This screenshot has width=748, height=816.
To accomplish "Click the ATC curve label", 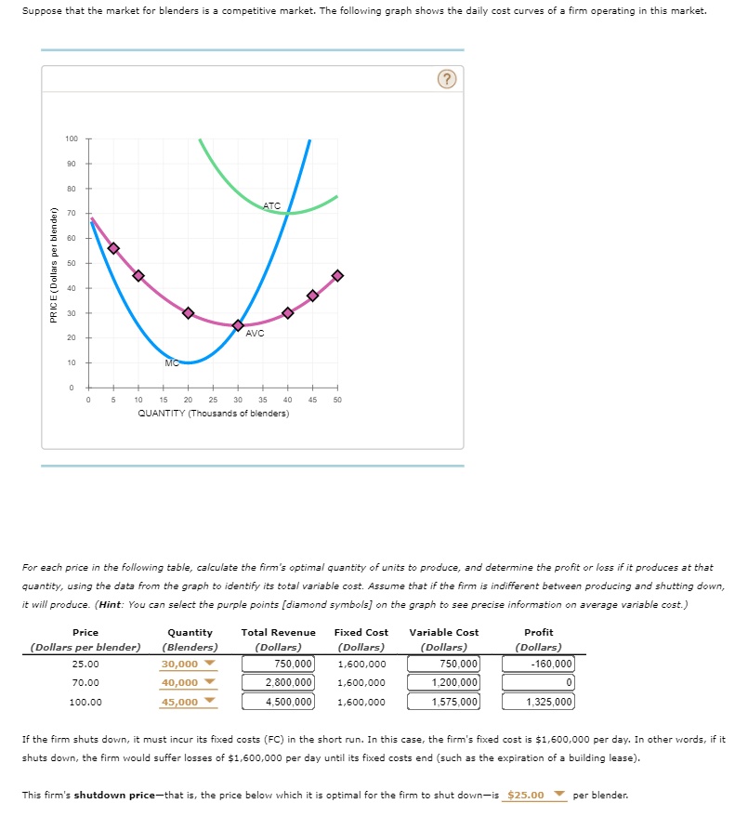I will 271,205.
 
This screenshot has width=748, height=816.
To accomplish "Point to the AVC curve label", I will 256,333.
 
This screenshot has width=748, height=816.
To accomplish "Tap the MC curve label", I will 171,362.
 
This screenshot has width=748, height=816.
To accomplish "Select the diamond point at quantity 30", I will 238,325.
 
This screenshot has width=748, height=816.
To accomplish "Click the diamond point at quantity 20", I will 189,313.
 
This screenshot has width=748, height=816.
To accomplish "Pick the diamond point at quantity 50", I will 337,275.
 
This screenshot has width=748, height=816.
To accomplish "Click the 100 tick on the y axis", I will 72,138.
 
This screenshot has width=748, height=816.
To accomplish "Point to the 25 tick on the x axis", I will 213,399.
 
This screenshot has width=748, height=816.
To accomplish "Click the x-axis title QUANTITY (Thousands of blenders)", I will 213,413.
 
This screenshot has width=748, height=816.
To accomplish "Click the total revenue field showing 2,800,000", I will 279,683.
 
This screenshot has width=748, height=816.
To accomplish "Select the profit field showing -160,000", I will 538,664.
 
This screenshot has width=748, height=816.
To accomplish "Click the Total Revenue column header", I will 279,632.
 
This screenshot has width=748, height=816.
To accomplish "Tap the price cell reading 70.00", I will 85,683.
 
